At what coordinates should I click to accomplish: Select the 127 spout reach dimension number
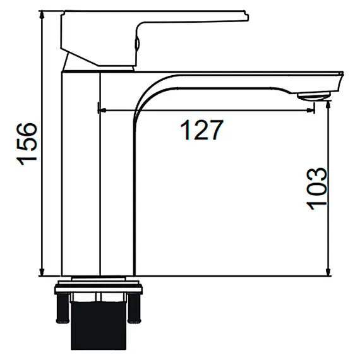click(202, 130)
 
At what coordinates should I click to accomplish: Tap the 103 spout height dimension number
click(316, 188)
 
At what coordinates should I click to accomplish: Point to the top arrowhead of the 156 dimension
click(41, 14)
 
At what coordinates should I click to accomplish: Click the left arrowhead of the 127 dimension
click(102, 110)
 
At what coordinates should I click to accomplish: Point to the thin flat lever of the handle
click(189, 13)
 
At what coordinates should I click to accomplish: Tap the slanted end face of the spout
click(340, 82)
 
